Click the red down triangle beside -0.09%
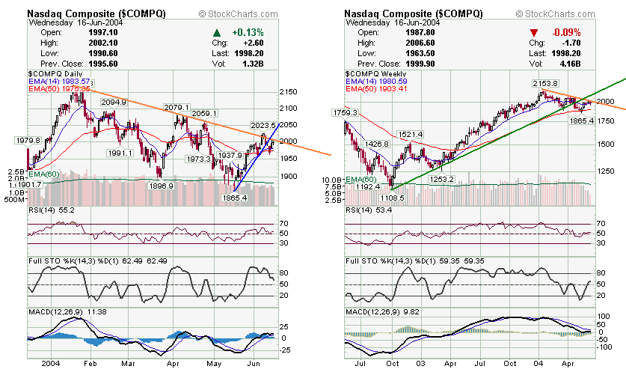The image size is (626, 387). pyautogui.click(x=534, y=33)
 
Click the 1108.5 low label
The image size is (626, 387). pyautogui.click(x=392, y=198)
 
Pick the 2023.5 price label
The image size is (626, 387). pyautogui.click(x=263, y=126)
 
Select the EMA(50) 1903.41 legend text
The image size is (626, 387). pyautogui.click(x=375, y=88)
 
